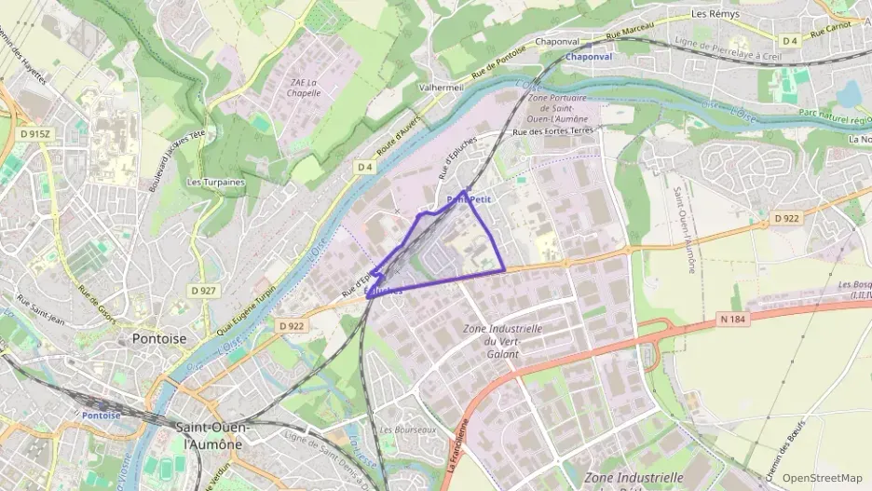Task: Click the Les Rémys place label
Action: coord(715,14)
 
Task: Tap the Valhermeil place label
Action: coord(442,87)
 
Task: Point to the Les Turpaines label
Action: coord(215,182)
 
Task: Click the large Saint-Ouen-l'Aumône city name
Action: coord(209,435)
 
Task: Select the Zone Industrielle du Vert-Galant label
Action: coord(502,341)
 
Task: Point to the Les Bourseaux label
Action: coord(408,430)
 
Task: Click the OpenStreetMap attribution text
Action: coord(822,478)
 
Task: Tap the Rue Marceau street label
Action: coord(630,30)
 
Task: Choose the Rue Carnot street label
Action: coord(831,30)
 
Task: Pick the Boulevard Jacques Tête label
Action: coord(176,160)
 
